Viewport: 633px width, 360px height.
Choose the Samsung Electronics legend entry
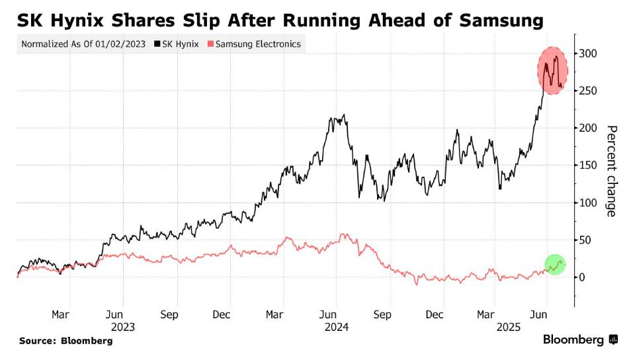255,44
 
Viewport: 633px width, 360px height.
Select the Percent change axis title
612,171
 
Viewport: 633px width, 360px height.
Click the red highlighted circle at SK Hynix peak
552,70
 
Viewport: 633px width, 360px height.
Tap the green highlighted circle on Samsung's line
556,264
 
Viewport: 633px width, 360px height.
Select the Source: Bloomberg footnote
65,341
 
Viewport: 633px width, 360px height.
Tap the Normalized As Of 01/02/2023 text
84,44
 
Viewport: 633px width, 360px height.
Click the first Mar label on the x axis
60,315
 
